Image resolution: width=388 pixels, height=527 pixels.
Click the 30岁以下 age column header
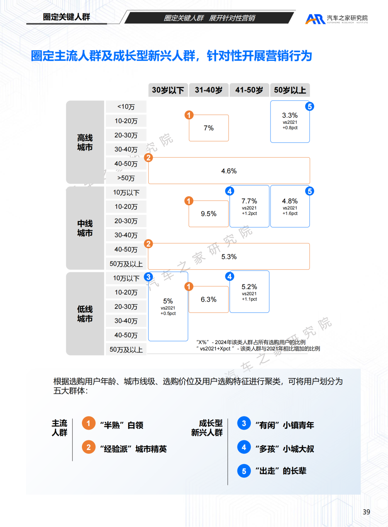[x=168, y=90]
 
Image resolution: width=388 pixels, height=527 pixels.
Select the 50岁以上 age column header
[x=290, y=90]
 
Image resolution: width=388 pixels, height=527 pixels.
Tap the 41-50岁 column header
[x=249, y=90]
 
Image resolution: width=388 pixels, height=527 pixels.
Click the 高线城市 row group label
[x=85, y=142]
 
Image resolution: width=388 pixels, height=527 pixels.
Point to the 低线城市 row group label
[x=85, y=314]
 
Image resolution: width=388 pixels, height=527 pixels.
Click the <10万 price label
[x=126, y=107]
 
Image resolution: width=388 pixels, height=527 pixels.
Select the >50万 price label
[x=126, y=178]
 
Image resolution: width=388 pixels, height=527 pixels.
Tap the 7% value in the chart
[x=209, y=128]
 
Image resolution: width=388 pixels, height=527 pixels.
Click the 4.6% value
[x=229, y=171]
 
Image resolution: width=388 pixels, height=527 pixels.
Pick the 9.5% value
[x=209, y=214]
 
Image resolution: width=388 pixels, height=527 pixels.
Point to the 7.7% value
[x=249, y=201]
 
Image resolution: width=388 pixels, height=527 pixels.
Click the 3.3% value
[x=290, y=115]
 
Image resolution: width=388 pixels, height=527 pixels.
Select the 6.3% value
[x=209, y=299]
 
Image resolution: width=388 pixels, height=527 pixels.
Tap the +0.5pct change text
[x=168, y=313]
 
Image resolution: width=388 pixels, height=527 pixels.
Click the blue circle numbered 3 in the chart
[x=148, y=277]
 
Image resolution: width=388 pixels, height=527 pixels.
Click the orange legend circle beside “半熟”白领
[x=89, y=423]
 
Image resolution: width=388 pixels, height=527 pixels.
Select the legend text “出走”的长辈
[x=281, y=471]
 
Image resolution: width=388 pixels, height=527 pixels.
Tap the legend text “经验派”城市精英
[x=133, y=449]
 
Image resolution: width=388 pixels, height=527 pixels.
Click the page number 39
[x=366, y=512]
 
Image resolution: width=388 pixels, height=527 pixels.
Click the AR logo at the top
[x=315, y=19]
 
